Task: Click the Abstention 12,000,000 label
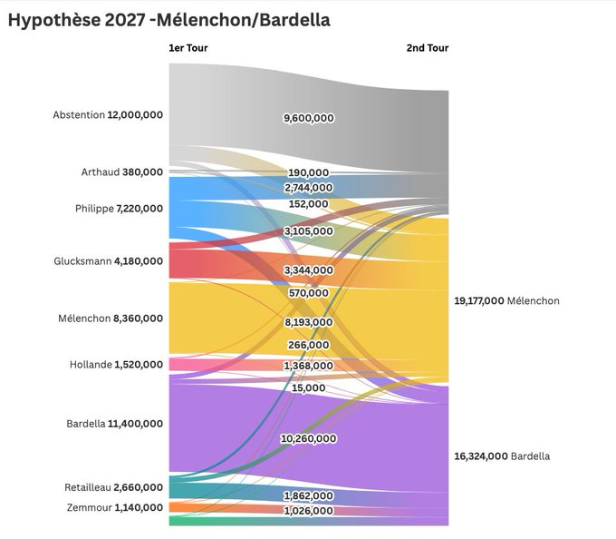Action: tap(108, 115)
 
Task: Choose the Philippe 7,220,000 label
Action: tap(119, 209)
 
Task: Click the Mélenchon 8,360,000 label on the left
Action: tap(110, 318)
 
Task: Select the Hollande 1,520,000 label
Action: tap(116, 365)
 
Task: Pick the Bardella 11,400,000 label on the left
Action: tap(114, 423)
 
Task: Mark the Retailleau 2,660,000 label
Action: tap(113, 487)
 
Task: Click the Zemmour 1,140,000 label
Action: tap(115, 507)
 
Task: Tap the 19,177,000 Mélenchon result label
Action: tap(506, 300)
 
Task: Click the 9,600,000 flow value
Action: tap(308, 118)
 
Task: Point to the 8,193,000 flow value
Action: tap(308, 322)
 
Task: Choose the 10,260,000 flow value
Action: tap(308, 438)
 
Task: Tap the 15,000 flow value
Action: tap(309, 388)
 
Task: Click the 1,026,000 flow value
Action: tap(308, 511)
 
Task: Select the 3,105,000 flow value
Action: tap(308, 232)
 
